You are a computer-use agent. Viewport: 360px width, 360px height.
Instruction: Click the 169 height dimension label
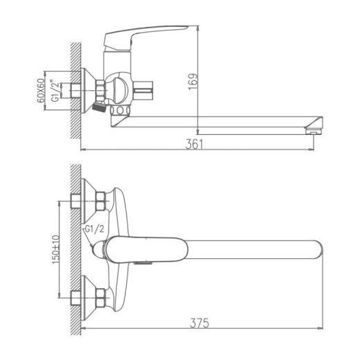(194, 82)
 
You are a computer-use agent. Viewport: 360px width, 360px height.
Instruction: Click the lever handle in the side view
(145, 36)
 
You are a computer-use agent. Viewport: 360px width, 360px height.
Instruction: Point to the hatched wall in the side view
(75, 90)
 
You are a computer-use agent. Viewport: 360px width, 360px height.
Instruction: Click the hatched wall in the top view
(76, 249)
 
